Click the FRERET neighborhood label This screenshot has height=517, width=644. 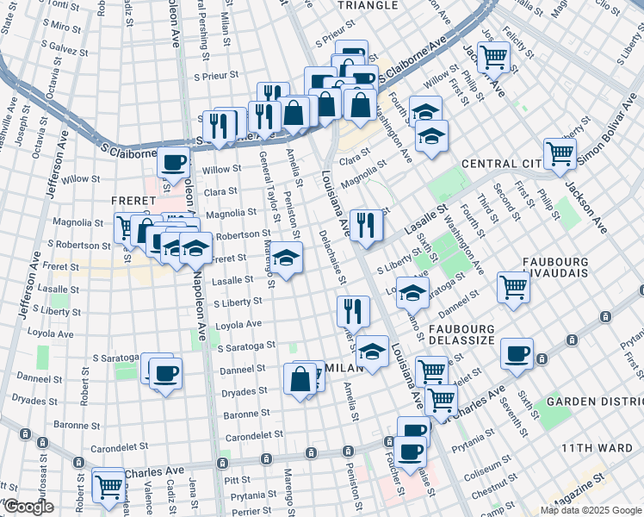click(133, 200)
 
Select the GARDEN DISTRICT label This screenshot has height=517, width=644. click(595, 402)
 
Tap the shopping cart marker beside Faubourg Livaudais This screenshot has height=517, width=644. click(513, 287)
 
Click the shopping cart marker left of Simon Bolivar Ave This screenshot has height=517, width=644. click(560, 153)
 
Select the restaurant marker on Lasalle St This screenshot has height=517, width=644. click(367, 225)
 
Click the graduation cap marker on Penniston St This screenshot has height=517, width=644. click(288, 256)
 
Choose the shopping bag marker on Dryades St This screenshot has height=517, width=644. click(300, 378)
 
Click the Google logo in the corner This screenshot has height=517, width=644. click(28, 508)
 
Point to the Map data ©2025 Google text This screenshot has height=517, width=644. click(591, 510)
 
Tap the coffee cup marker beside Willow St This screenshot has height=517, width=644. click(173, 162)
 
